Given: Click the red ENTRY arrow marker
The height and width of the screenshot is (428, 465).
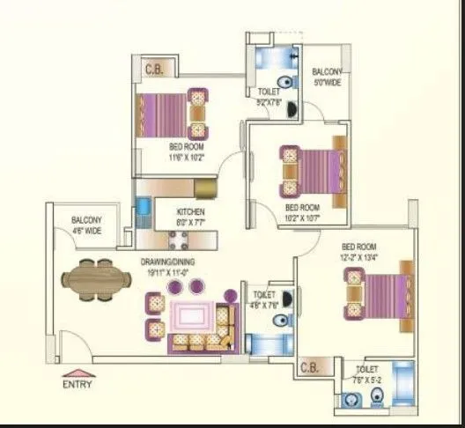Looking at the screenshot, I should point(77,371).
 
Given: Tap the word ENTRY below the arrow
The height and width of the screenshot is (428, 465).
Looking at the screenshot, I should point(77,384).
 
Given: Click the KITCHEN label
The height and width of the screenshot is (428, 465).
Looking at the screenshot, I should point(191,211).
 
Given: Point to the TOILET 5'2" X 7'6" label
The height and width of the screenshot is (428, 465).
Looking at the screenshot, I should point(269,96).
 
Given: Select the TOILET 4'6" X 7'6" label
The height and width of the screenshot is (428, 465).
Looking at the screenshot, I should point(264,300).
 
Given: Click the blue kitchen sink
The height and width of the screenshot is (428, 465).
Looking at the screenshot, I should point(143,210).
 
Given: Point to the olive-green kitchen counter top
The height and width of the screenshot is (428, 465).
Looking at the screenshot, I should point(204,187).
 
